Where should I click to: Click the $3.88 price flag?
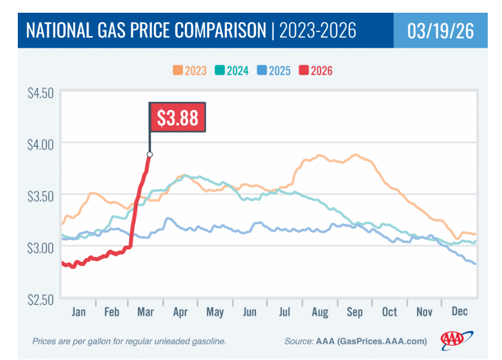tap(177, 118)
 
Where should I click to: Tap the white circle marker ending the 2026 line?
tap(150, 154)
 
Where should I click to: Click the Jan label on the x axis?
tap(78, 312)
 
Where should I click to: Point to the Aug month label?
tap(320, 312)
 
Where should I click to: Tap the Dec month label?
tap(459, 312)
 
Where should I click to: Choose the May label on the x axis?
tap(215, 312)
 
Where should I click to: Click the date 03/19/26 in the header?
tap(440, 31)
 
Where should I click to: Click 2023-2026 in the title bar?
tap(317, 31)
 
